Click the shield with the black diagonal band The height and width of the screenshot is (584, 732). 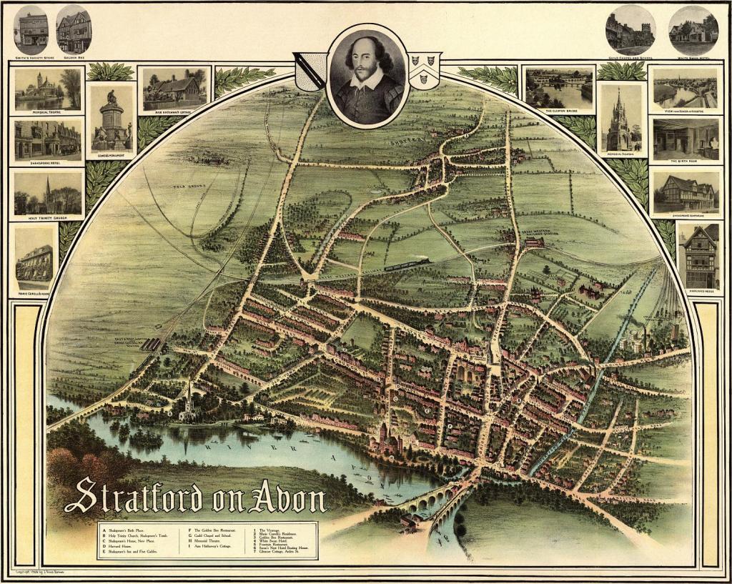310,72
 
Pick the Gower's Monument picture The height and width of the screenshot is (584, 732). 112,119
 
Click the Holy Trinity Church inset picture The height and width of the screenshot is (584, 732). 48,194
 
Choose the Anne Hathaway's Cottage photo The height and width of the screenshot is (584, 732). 174,89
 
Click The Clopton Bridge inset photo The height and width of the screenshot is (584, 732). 558,87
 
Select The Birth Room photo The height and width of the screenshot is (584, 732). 685,139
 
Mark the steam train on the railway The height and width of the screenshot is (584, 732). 407,264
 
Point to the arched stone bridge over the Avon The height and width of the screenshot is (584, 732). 432,498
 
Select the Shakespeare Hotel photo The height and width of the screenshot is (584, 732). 48,140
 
